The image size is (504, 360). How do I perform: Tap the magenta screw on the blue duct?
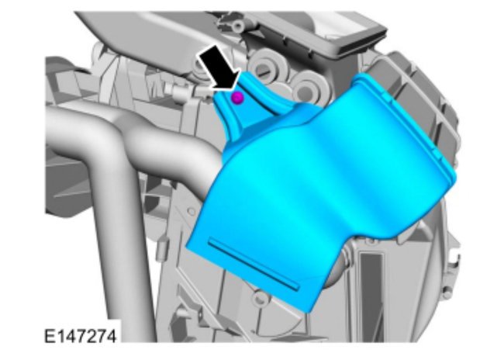(237, 98)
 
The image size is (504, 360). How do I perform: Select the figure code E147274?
(80, 337)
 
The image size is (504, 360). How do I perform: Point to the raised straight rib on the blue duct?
(254, 264)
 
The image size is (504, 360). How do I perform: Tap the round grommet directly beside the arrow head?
(266, 68)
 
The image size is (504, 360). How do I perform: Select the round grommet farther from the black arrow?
(308, 89)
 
